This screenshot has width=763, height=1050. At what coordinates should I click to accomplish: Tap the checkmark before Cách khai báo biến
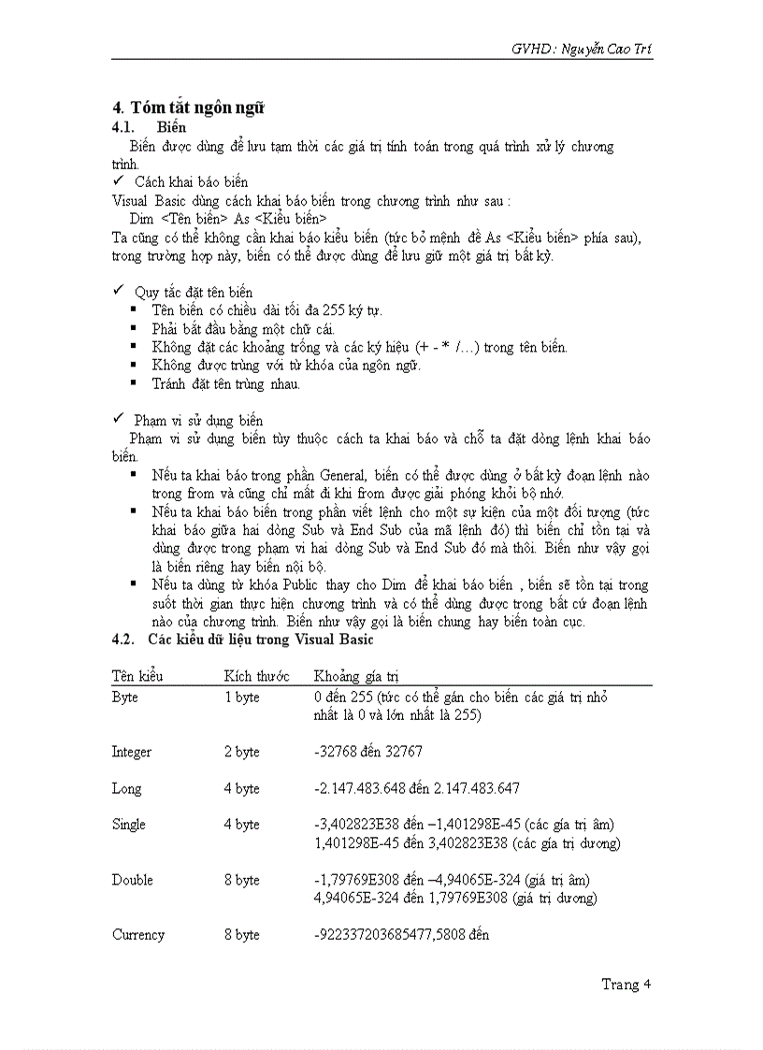tap(118, 180)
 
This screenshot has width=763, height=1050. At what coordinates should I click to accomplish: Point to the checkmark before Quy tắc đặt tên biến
tap(118, 292)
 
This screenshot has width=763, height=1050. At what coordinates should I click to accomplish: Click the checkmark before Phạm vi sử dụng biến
tap(118, 420)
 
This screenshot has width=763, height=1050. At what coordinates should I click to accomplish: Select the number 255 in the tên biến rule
tap(322, 310)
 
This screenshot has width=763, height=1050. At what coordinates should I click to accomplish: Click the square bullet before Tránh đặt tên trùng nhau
tap(135, 382)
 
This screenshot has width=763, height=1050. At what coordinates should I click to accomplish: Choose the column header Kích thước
tap(256, 675)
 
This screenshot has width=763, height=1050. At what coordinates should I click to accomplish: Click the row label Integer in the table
tap(131, 752)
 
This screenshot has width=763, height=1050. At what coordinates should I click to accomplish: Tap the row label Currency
tap(137, 934)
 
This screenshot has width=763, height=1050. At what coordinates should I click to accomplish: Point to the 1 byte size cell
tap(241, 698)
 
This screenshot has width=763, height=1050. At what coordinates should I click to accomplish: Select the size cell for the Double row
tap(241, 880)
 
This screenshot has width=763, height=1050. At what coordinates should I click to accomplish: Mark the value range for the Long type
tap(417, 788)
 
